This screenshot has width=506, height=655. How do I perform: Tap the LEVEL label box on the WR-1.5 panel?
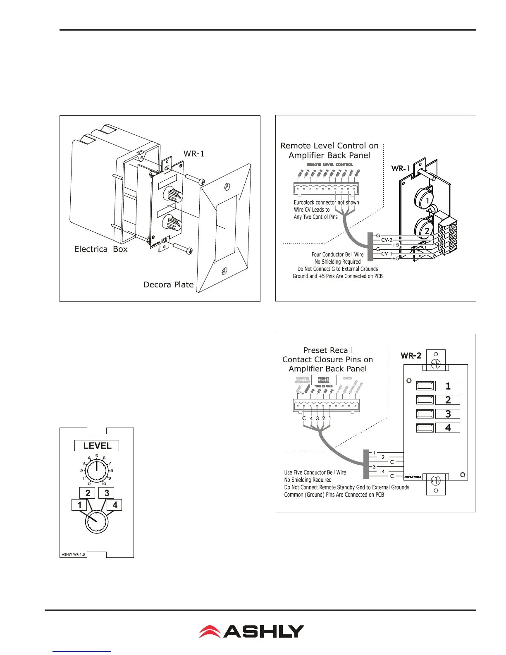click(97, 446)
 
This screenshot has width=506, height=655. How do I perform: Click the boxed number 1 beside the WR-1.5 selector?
click(79, 505)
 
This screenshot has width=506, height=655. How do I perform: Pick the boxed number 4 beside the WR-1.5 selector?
click(115, 505)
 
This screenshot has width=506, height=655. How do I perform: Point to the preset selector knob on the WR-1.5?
click(97, 522)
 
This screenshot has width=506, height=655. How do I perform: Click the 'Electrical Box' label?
click(101, 249)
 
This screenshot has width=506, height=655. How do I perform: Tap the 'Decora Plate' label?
click(168, 284)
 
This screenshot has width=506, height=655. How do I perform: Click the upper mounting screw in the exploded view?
click(194, 180)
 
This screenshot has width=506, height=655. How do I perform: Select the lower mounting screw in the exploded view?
click(182, 249)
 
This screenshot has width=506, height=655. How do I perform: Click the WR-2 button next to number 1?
click(425, 386)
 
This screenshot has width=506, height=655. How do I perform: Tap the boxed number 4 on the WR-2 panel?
click(448, 428)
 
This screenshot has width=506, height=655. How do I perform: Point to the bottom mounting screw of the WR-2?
click(435, 480)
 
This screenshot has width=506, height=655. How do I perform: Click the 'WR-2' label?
click(411, 356)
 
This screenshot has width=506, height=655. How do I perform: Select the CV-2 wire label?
click(387, 240)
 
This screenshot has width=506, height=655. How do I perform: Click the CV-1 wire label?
click(387, 254)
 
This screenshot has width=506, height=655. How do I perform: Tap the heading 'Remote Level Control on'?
click(329, 146)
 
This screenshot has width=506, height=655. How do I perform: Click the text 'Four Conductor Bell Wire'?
click(337, 255)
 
